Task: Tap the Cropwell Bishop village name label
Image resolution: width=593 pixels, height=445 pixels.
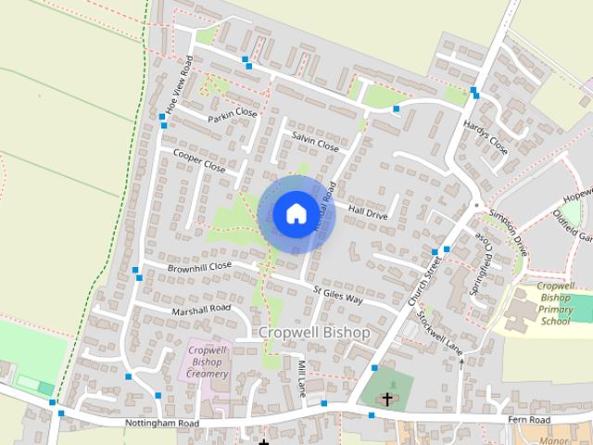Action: [x=314, y=332]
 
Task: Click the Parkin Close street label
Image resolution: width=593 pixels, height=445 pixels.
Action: [x=233, y=115]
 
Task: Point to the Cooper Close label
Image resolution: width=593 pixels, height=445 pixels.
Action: [x=199, y=161]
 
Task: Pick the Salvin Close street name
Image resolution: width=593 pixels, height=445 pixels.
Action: [x=315, y=141]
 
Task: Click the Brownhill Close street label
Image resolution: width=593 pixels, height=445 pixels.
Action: [x=199, y=267]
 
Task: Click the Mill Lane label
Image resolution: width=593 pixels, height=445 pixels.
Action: [x=302, y=378]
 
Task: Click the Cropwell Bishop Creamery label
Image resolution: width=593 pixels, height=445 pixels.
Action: [x=208, y=362]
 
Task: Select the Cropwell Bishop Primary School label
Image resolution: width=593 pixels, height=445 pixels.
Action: [x=556, y=304]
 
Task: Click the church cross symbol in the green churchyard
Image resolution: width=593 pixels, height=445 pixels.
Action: [x=387, y=399]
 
